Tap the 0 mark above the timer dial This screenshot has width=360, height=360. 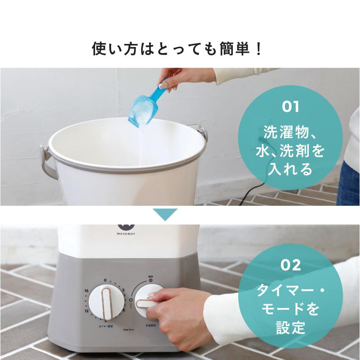click(x=105, y=280)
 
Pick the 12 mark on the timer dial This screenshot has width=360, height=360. click(x=86, y=311)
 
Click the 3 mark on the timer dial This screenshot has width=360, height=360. click(x=123, y=290)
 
